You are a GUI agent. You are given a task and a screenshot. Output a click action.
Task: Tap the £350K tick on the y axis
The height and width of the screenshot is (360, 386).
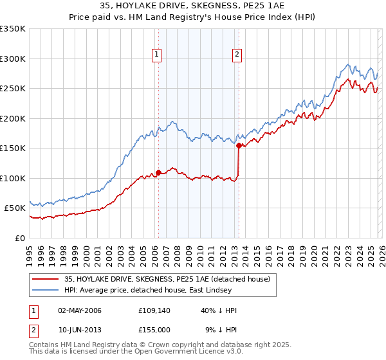(13, 29)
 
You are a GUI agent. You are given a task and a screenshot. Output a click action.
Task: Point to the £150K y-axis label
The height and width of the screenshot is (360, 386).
(13, 148)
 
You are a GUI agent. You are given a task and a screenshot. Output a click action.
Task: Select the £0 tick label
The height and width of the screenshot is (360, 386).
(19, 238)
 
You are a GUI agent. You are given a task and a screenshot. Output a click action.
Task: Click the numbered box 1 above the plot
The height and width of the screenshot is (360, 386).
(158, 55)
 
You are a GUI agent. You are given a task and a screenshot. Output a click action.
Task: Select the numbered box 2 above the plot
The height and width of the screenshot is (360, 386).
(237, 55)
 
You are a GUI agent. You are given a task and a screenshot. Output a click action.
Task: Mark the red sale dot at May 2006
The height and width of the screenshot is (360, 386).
(158, 172)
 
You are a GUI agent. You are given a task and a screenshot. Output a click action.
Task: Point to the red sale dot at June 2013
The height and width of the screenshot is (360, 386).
(239, 145)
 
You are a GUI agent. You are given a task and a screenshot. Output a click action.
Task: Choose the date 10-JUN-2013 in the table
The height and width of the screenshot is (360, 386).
(79, 330)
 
